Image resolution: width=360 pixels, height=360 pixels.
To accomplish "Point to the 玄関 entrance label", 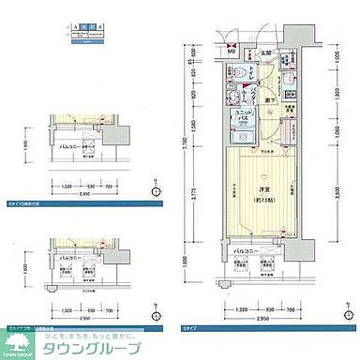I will tap(265, 52).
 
